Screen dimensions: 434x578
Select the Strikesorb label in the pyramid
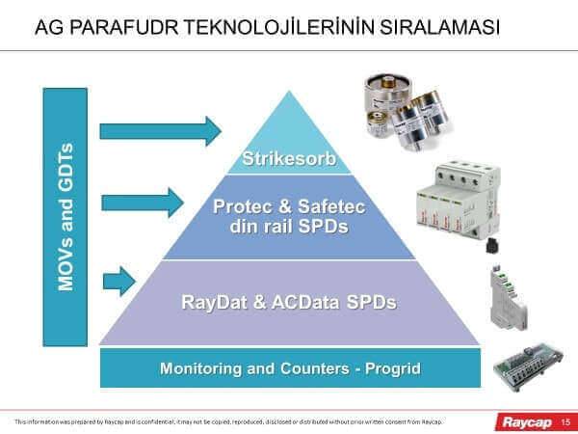289,158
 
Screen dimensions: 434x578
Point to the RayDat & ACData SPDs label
289,302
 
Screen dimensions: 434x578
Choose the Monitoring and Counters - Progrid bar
290,368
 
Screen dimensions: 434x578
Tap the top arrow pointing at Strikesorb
159,128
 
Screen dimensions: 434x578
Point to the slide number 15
565,421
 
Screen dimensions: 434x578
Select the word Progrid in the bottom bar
393,368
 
